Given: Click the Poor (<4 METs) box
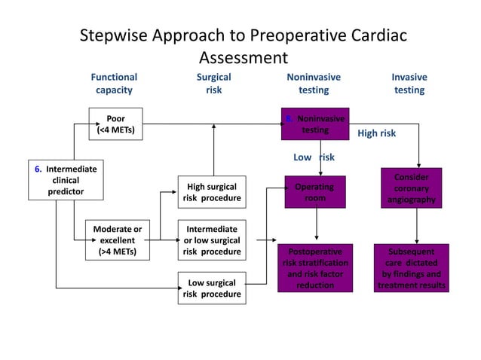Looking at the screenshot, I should click(x=115, y=124).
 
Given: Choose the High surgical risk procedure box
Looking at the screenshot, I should click(x=211, y=193).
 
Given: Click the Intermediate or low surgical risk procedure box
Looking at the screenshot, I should click(x=211, y=239).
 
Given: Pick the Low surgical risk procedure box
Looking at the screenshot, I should click(x=211, y=288).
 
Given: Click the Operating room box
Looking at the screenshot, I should click(x=315, y=192).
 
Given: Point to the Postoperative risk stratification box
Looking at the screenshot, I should click(x=315, y=268).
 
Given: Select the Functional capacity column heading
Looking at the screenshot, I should click(x=114, y=84).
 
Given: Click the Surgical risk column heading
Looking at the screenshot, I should click(x=213, y=84).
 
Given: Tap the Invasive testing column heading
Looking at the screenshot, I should click(x=409, y=84).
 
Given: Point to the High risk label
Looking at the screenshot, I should click(x=376, y=133).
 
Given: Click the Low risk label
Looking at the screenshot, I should click(x=313, y=157).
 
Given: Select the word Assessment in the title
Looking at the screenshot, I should click(x=243, y=57).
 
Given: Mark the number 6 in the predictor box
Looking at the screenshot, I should click(x=38, y=168).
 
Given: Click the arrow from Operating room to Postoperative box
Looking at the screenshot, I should click(x=316, y=225).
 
